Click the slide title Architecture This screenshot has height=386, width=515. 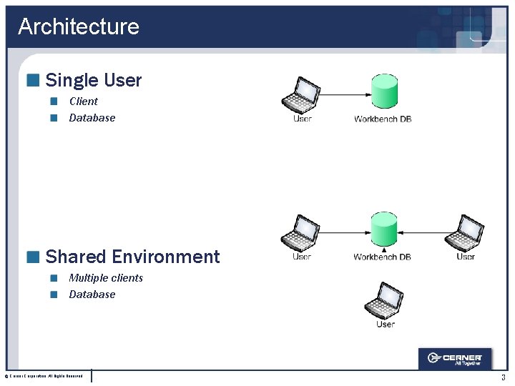79,26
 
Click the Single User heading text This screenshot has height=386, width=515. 94,80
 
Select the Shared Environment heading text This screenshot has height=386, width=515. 132,257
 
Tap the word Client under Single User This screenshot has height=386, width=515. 83,101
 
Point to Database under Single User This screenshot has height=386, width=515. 92,118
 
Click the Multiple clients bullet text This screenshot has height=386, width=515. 106,277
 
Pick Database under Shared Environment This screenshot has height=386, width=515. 92,295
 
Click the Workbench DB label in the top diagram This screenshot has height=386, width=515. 383,119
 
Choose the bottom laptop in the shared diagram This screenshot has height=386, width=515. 384,300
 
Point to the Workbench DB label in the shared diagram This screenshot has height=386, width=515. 382,257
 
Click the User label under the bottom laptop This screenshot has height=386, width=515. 385,325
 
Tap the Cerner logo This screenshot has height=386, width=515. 455,358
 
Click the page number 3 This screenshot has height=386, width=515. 503,377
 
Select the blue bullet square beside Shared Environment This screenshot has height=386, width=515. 32,257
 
